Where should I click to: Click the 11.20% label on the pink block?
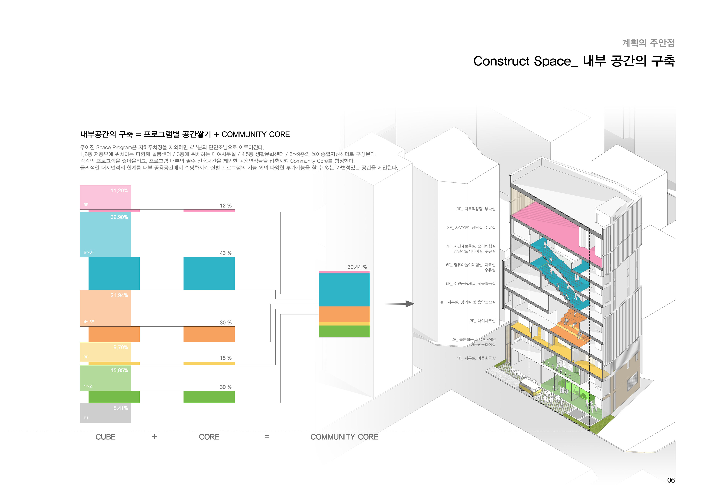coord(119,191)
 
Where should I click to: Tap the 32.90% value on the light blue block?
coord(119,217)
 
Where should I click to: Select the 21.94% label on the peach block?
coord(119,295)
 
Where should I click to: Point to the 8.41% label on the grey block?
coord(121,408)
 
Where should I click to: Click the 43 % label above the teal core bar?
coord(225,253)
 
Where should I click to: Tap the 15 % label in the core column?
coord(225,358)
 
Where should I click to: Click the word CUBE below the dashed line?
coord(106,437)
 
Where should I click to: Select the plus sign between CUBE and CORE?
coord(155,437)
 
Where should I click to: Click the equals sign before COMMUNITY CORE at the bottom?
coord(267,437)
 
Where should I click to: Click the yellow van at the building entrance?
coord(530,389)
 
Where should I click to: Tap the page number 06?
coord(671,480)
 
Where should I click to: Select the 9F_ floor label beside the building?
coord(476,209)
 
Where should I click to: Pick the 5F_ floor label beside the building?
coord(471,284)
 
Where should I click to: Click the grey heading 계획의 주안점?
coord(648,43)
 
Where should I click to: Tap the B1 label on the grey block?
coord(86,418)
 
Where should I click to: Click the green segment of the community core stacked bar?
coord(344,331)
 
